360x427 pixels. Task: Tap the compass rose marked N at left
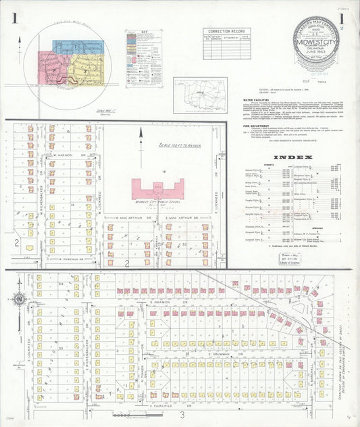click(20, 299)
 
